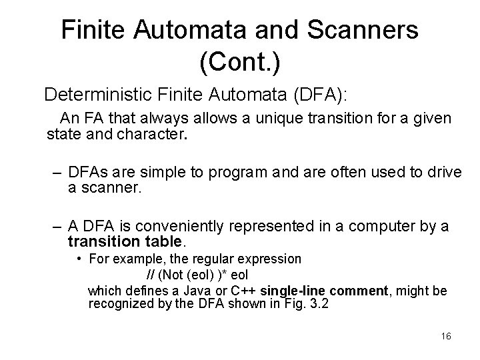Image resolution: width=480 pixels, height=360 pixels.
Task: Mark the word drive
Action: click(445, 173)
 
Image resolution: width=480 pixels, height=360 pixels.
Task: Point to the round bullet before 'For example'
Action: click(79, 257)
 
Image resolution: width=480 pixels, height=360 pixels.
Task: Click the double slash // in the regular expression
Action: click(151, 275)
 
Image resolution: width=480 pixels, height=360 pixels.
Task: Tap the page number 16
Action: click(446, 336)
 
